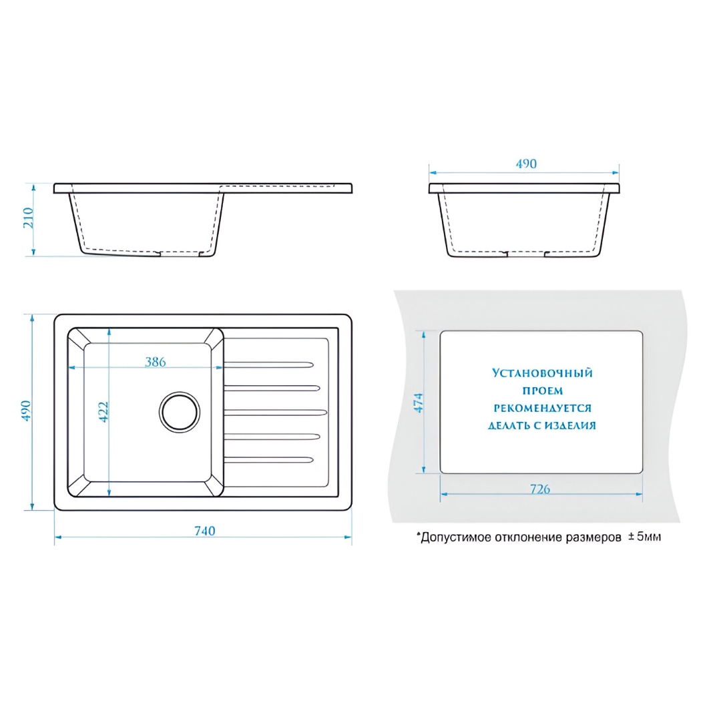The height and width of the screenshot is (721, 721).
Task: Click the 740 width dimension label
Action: [205, 531]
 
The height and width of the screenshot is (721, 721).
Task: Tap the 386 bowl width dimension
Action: [156, 362]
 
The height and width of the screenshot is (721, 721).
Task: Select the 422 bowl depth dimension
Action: [103, 412]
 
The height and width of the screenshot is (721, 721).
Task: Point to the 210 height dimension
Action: [29, 218]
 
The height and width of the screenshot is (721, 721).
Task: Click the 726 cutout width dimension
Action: [540, 489]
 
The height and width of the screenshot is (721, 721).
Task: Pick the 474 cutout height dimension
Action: [419, 403]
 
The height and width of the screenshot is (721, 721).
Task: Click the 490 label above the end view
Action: [526, 164]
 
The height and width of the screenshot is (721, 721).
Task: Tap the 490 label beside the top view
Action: [26, 411]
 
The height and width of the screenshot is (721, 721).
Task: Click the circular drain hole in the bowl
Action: [180, 412]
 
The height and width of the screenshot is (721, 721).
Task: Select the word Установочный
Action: [543, 373]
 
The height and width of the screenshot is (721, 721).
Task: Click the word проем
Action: [543, 391]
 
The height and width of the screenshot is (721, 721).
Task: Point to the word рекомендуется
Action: [543, 408]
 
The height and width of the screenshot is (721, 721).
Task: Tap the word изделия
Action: [570, 425]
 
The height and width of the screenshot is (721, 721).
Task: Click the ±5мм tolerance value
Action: [645, 537]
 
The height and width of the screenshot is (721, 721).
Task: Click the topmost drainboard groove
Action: [269, 365]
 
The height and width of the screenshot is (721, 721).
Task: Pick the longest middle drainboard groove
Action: [276, 413]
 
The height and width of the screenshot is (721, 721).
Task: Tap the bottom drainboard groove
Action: [269, 459]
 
